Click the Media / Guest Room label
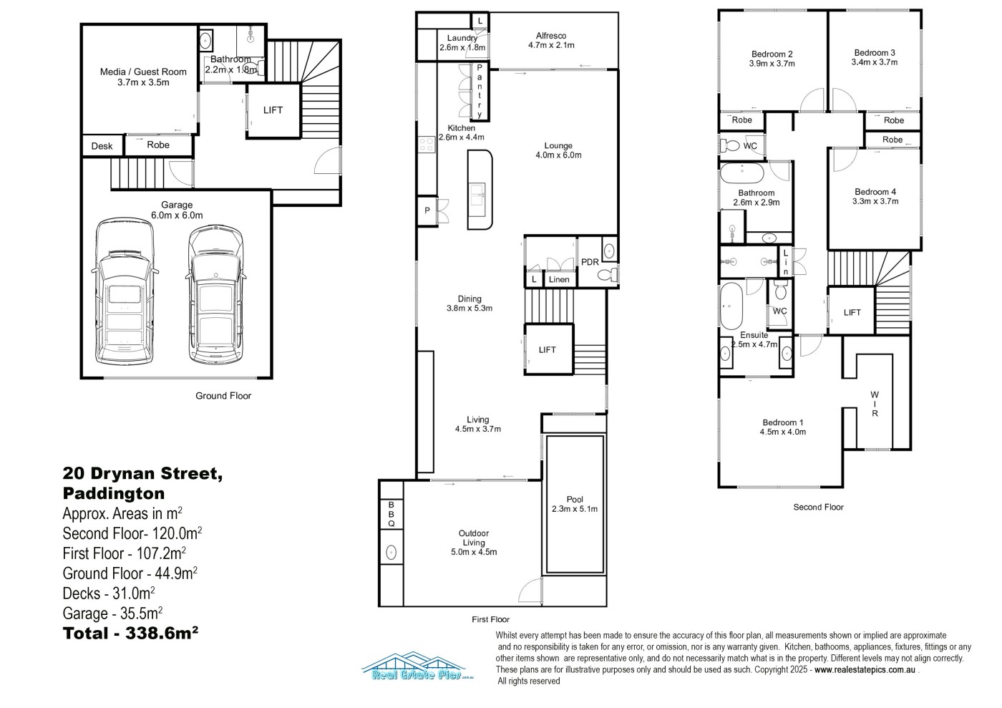[x=143, y=72]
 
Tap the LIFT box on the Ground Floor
[x=273, y=110]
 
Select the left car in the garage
[x=125, y=291]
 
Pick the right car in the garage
[x=216, y=294]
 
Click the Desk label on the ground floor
[x=102, y=146]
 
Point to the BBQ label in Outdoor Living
[x=391, y=514]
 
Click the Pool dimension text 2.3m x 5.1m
[x=575, y=509]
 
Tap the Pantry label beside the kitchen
[x=480, y=90]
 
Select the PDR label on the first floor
[x=590, y=262]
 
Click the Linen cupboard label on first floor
[x=559, y=280]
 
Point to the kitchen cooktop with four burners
[x=427, y=144]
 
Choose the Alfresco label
[x=551, y=36]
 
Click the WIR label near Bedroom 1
[x=875, y=404]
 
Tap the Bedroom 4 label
[x=875, y=192]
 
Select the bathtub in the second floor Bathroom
[x=742, y=173]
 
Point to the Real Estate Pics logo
[x=417, y=666]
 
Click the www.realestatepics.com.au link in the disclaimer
[x=865, y=670]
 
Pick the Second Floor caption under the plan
[x=818, y=507]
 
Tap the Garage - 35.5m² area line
[x=112, y=613]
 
